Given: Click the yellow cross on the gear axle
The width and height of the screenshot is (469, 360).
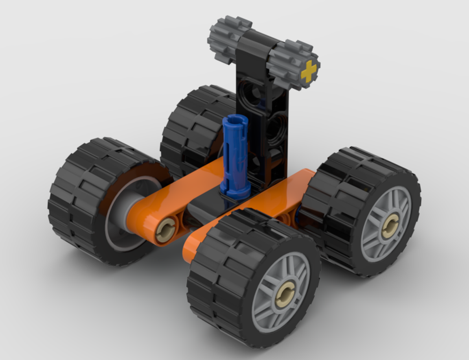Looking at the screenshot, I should [309, 71].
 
